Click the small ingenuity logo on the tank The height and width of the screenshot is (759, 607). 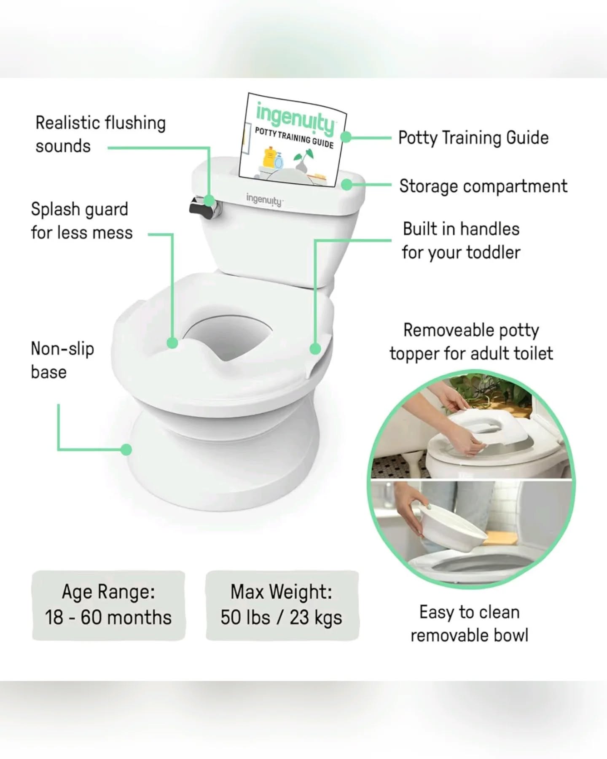pos(264,199)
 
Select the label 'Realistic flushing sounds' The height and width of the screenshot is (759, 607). pos(100,135)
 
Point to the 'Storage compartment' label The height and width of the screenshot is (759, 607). pos(483,186)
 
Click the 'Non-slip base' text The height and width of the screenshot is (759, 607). pos(62,360)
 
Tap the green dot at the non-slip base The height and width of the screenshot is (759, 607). pos(126,449)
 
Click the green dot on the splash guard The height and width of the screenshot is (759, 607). pos(172,343)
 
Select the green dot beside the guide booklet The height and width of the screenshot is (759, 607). pos(346,137)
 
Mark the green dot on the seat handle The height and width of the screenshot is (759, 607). pos(315,349)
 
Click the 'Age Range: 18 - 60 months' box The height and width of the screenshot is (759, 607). pos(108,605)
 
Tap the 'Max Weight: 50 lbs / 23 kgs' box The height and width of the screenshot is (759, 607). pos(282,605)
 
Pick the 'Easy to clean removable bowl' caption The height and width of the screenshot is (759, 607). pos(469,624)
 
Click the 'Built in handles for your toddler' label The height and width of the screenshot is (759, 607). pos(461,241)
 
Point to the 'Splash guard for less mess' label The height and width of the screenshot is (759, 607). pos(81,221)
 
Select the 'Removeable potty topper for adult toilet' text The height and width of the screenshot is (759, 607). pos(471,342)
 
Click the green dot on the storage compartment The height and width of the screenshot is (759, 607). pos(346,184)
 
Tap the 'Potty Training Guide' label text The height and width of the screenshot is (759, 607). pos(473,138)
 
